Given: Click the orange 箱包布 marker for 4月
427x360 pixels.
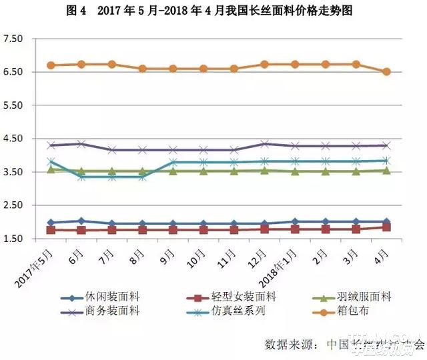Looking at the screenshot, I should [x=386, y=71].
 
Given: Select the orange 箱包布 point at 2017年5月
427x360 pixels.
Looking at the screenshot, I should [x=51, y=65].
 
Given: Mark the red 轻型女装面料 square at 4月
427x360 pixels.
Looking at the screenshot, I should [x=386, y=227].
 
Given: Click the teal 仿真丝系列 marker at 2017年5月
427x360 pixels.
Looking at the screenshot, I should [x=51, y=161].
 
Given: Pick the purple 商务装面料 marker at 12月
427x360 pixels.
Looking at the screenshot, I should [x=265, y=143].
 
